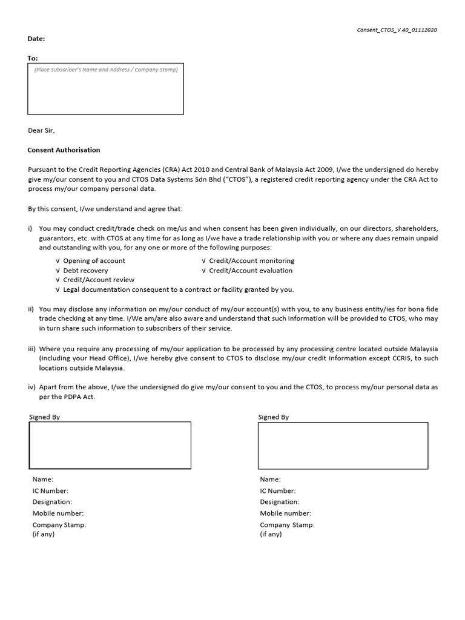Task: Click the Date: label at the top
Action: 36,39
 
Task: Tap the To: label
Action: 33,58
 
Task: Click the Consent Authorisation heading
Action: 64,150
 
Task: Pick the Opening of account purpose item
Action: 94,260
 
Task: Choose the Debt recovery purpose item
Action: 85,270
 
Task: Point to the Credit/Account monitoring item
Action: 251,260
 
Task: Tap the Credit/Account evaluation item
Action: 250,270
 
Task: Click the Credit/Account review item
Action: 99,280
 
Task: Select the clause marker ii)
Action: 31,309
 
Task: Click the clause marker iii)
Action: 31,349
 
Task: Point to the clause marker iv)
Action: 31,386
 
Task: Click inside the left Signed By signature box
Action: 110,445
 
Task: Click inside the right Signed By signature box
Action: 343,445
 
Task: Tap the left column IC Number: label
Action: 50,491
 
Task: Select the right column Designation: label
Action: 280,502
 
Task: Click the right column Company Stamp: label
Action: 287,524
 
